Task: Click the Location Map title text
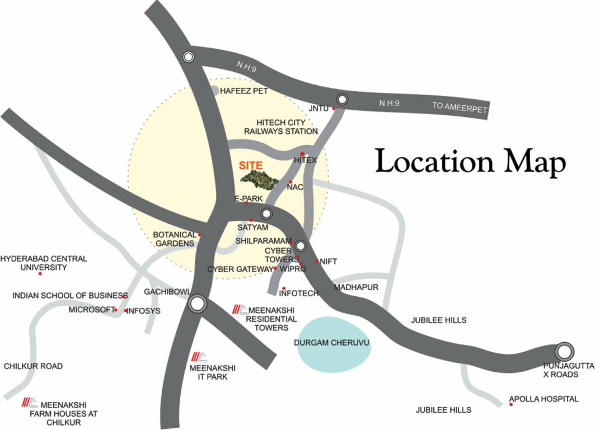point(470,161)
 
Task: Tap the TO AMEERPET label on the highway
point(460,107)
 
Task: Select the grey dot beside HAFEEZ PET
point(215,90)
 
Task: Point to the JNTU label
point(318,108)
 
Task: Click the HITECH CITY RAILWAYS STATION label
point(287,127)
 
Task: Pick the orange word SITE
point(251,166)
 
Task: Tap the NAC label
point(295,187)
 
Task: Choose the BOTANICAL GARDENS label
point(175,239)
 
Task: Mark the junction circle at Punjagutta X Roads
point(564,351)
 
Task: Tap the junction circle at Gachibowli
point(197,304)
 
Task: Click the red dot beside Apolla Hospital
point(511,404)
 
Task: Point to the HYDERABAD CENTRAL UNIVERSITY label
point(44,263)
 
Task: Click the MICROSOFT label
point(91,310)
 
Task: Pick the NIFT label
point(329,261)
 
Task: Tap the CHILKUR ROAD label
point(33,366)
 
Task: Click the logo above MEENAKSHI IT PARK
point(199,357)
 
